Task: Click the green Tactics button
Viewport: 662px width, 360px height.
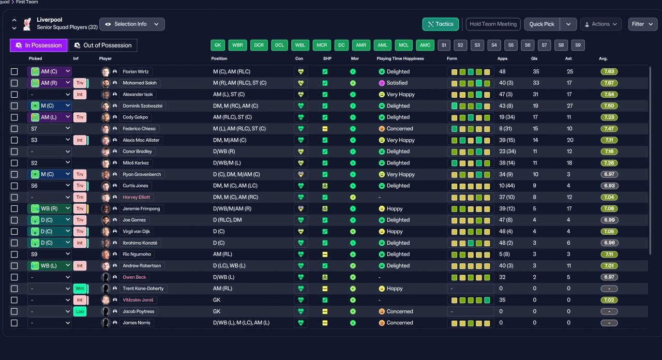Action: click(440, 24)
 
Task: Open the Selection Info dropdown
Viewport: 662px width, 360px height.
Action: click(132, 24)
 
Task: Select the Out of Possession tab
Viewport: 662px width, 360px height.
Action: click(103, 45)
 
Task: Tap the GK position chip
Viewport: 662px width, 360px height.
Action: click(218, 45)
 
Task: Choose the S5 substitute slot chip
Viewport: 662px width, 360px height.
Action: click(511, 45)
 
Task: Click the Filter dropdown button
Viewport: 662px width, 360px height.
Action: click(642, 24)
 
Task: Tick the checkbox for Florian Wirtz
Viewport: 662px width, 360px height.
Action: click(14, 71)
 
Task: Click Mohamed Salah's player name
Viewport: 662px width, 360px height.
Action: click(140, 83)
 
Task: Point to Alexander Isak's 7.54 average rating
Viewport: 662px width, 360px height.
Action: click(609, 95)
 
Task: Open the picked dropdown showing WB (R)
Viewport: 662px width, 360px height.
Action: click(50, 208)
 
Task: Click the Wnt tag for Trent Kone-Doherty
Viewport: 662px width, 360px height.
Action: click(80, 289)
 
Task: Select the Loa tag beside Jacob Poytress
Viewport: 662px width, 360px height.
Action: click(80, 311)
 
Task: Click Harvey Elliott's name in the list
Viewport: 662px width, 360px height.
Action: click(136, 197)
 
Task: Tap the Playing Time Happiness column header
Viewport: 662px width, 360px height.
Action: click(400, 58)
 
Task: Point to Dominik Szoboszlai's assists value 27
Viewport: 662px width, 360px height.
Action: click(569, 106)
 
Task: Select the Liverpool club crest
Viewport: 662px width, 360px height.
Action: click(27, 24)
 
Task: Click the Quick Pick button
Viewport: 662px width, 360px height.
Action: click(541, 24)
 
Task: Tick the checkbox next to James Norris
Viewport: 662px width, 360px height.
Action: click(14, 323)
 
